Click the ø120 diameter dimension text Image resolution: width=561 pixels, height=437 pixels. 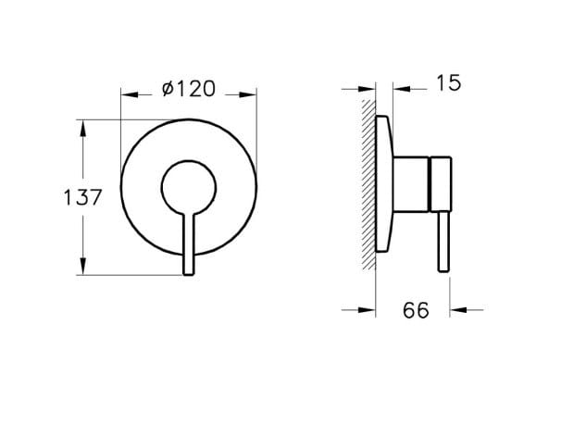point(189,89)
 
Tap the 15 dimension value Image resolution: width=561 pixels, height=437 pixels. point(447,83)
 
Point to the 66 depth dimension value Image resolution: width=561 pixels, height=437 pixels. point(416,310)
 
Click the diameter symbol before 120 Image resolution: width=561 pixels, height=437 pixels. point(168,89)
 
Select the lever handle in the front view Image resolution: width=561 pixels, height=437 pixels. point(189,244)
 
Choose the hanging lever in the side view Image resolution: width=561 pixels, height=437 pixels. point(442,243)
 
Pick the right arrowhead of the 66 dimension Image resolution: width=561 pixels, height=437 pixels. point(455,310)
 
